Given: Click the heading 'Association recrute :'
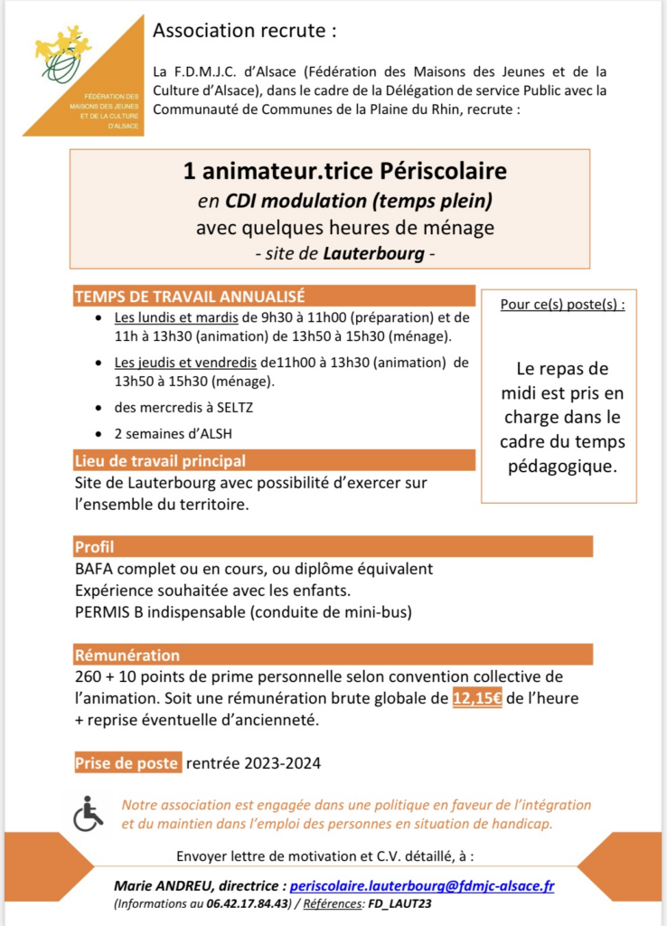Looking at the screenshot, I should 244,31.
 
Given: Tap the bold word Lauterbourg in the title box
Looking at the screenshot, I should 373,254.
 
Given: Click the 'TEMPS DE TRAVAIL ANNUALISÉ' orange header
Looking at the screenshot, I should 189,296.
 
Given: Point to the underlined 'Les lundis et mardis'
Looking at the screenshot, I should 176,318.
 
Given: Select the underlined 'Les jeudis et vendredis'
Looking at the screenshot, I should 185,363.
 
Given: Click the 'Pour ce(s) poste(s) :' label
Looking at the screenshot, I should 562,304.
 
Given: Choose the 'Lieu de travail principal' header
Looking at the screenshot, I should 160,460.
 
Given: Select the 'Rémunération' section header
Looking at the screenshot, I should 127,655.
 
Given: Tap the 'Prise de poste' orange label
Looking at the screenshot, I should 127,762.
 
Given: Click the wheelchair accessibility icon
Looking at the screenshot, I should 88,812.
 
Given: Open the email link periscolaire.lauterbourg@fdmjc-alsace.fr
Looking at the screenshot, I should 421,886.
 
